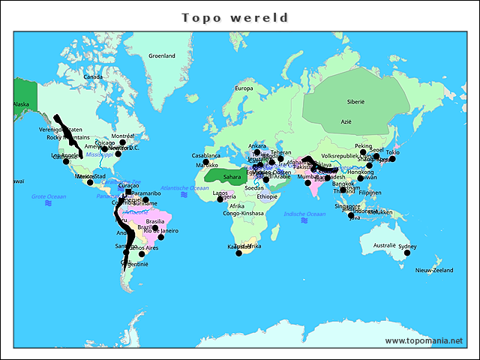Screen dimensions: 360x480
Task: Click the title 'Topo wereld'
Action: (x=235, y=17)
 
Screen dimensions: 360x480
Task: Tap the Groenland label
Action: (x=161, y=55)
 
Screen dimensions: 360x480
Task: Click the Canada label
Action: (x=92, y=76)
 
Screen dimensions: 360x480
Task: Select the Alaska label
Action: (x=20, y=104)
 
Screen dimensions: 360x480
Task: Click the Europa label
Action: (x=244, y=88)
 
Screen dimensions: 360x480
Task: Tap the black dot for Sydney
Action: (x=407, y=253)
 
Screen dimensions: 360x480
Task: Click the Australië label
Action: (x=384, y=245)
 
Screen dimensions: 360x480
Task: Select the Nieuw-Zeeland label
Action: (x=433, y=270)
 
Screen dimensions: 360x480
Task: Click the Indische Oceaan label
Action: (x=304, y=214)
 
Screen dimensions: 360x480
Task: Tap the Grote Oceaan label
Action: (x=49, y=196)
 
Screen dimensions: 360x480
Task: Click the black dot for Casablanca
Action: (x=205, y=162)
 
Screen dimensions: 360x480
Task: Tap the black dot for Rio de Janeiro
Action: (x=160, y=237)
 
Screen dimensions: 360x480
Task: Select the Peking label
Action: (x=363, y=146)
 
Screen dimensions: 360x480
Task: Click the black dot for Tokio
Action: (x=392, y=159)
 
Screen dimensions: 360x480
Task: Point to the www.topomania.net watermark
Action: (x=424, y=340)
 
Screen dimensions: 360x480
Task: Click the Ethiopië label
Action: (x=267, y=196)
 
